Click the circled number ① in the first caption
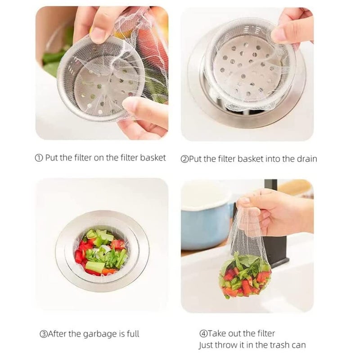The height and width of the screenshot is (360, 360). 39,158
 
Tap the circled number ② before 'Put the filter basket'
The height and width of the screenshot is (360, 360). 184,159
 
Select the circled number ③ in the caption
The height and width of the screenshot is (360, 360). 43,334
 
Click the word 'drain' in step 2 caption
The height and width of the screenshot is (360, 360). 306,158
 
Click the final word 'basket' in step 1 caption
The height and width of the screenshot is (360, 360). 153,158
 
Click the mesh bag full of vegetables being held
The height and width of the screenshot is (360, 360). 245,274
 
